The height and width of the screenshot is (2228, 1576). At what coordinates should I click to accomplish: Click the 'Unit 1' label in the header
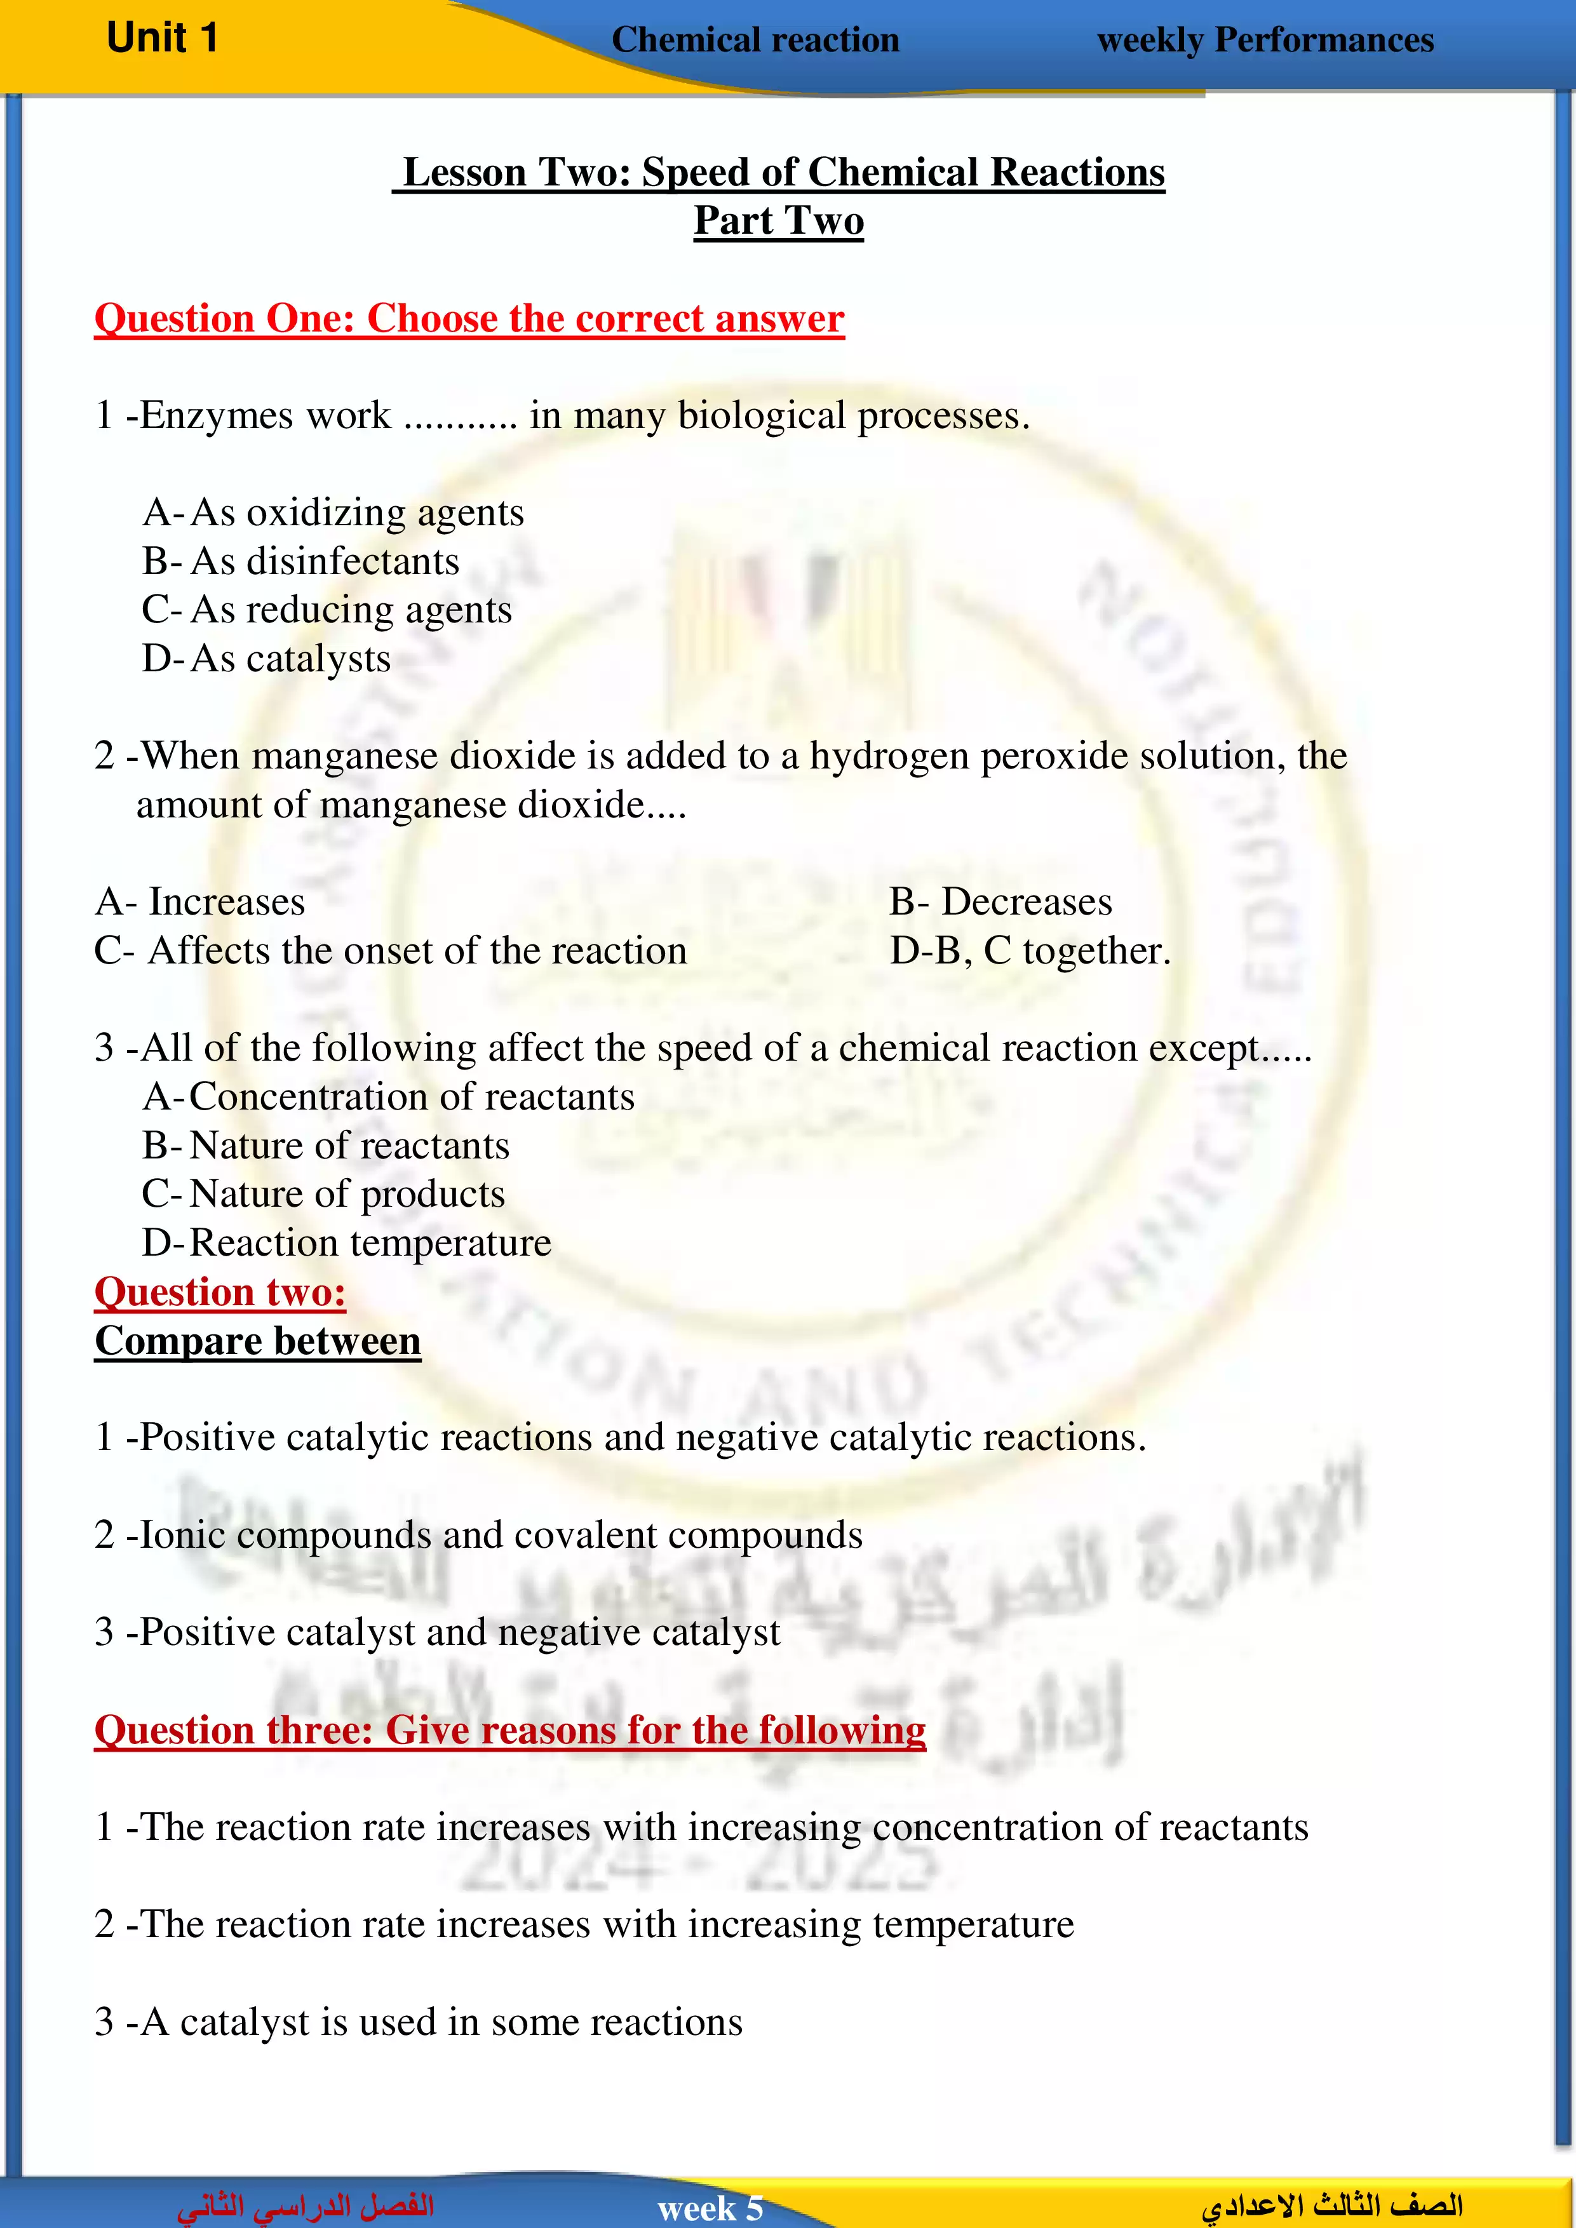point(162,39)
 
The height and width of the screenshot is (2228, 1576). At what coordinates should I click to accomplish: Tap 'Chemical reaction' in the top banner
point(755,41)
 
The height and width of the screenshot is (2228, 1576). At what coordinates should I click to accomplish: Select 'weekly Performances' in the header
point(1265,41)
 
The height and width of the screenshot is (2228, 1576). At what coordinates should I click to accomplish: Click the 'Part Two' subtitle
point(778,221)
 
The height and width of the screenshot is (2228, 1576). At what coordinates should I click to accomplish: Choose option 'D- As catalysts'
point(267,659)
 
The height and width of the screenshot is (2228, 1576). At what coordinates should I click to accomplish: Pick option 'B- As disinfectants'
point(301,562)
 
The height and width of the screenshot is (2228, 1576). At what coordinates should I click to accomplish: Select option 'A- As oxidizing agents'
point(333,513)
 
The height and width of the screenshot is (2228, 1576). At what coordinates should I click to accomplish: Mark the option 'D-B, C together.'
point(1030,951)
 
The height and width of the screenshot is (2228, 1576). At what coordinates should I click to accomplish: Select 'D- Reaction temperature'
point(346,1243)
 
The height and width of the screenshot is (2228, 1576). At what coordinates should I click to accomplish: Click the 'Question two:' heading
point(220,1292)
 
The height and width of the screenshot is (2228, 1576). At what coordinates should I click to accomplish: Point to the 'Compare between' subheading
point(257,1341)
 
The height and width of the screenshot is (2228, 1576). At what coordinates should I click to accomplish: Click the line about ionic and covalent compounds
point(478,1535)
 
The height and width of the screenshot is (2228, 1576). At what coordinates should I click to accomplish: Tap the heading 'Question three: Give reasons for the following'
point(509,1730)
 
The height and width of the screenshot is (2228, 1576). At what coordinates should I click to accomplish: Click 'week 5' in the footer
point(710,2208)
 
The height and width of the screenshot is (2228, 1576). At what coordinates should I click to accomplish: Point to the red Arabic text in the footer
point(306,2206)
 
